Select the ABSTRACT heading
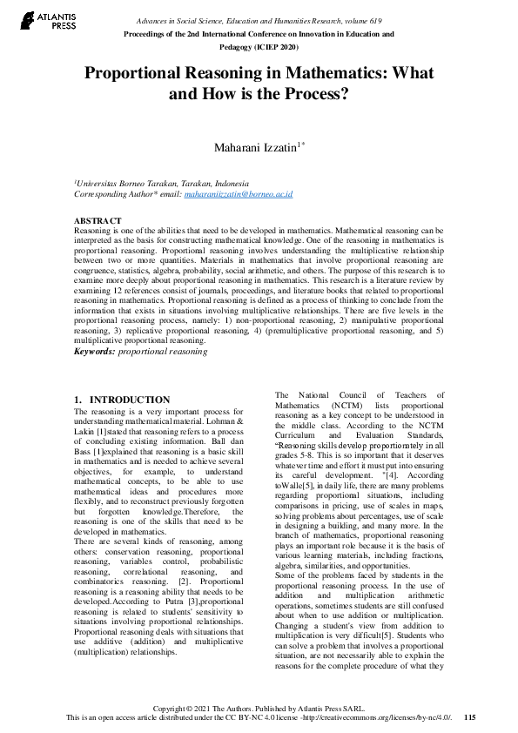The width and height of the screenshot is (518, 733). coord(98,221)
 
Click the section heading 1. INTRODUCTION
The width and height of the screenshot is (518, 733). coord(122,400)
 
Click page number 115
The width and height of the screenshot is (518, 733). coord(470,718)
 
